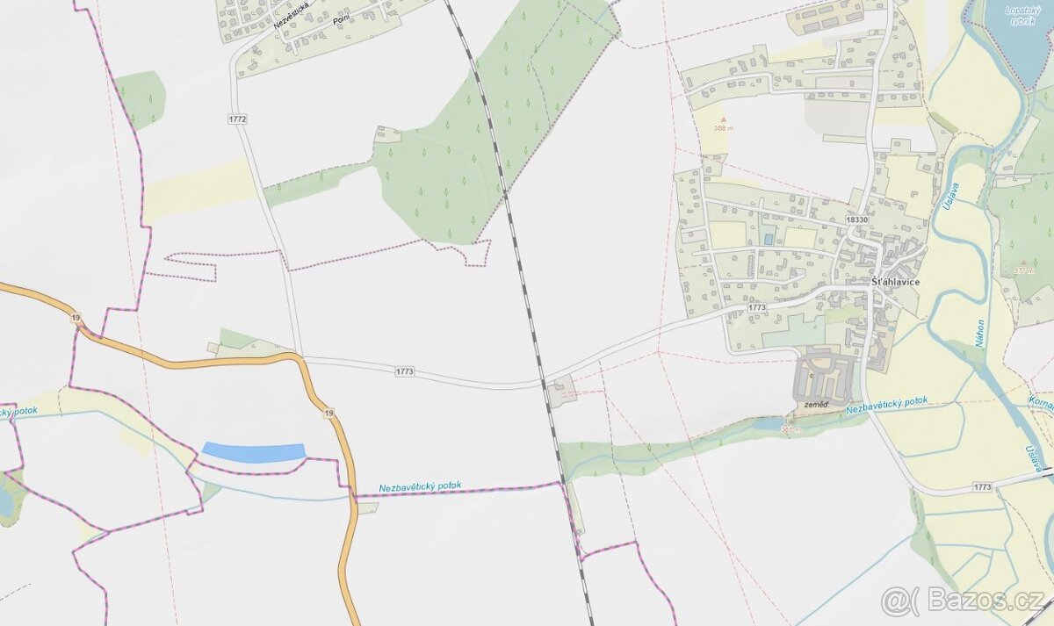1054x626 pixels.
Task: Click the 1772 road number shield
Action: pos(237,119)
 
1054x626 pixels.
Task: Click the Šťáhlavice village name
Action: pos(896,282)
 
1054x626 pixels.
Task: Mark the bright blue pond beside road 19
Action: pos(254,452)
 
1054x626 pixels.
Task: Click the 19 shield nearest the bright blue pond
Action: pos(328,413)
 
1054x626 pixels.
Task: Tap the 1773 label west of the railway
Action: pos(405,372)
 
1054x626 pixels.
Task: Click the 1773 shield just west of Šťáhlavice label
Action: pos(756,307)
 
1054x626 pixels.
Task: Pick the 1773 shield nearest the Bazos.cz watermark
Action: pos(982,486)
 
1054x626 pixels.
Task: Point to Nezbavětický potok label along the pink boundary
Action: pos(420,486)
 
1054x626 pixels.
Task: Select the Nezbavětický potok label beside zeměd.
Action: pos(886,406)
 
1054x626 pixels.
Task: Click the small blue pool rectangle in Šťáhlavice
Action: pos(769,239)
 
